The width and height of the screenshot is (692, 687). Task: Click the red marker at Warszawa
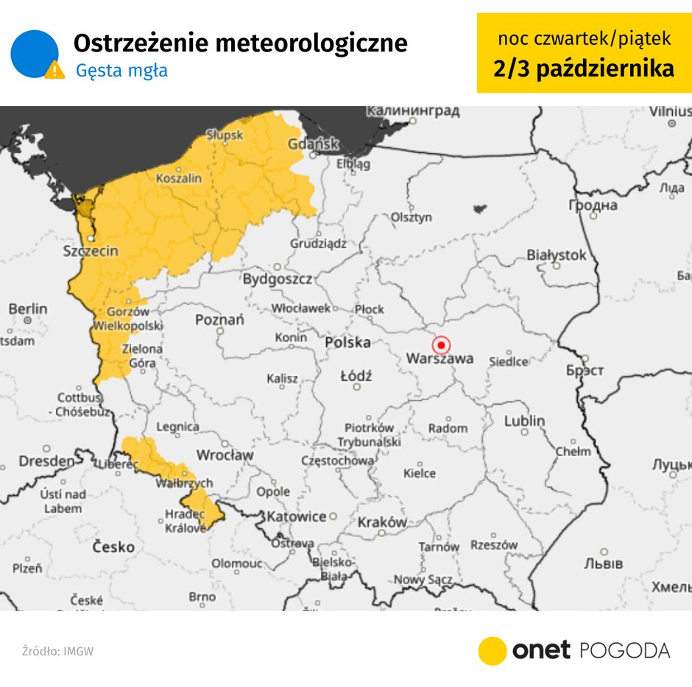coord(441,344)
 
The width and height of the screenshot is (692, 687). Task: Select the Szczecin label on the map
coord(90,251)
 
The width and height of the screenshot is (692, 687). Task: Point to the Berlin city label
coord(27,309)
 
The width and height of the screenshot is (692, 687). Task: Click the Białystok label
coord(557,255)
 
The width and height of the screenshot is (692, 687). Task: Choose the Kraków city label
coord(382,522)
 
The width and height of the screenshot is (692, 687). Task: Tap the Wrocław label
coord(225,455)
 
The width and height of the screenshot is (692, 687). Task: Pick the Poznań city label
coord(219,320)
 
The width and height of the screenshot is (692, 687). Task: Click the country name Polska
coord(347,343)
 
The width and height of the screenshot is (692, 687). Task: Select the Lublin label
coord(524,421)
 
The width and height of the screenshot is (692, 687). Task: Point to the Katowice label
coord(296,516)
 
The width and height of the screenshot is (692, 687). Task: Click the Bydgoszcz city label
coord(278,280)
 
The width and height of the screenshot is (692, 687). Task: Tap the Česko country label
coord(113,547)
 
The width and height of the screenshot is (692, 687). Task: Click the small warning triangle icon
coord(54,70)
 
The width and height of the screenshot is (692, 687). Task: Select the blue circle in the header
coord(34,54)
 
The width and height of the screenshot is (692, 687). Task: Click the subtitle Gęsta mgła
coord(121,71)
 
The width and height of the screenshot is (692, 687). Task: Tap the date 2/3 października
coord(584,68)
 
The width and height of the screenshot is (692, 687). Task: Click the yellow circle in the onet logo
coord(492,651)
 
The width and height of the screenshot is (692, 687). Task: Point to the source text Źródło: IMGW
coord(57,651)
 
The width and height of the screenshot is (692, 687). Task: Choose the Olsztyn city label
coord(411,218)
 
